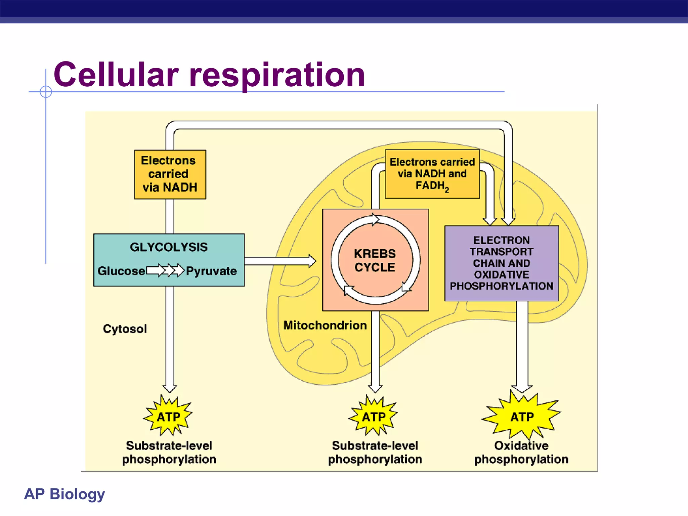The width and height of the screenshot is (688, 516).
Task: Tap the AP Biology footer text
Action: [64, 494]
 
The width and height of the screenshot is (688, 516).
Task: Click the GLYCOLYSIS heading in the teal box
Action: [169, 247]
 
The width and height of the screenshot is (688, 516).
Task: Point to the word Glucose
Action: [121, 271]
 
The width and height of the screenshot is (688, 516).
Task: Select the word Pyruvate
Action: [211, 271]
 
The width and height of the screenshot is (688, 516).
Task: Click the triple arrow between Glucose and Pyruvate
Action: [166, 270]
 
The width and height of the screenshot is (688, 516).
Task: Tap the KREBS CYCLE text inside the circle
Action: [375, 260]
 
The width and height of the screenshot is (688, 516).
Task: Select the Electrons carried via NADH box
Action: [170, 174]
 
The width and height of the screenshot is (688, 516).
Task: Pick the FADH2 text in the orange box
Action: [432, 186]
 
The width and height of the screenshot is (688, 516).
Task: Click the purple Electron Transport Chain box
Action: [501, 263]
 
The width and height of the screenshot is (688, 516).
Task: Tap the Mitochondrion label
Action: [325, 325]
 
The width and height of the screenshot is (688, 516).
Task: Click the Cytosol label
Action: [125, 329]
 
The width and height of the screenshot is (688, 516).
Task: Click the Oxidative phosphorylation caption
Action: [521, 452]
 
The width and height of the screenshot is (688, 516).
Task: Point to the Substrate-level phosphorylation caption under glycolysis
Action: [169, 452]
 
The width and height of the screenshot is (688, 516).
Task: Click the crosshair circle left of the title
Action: [46, 91]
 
